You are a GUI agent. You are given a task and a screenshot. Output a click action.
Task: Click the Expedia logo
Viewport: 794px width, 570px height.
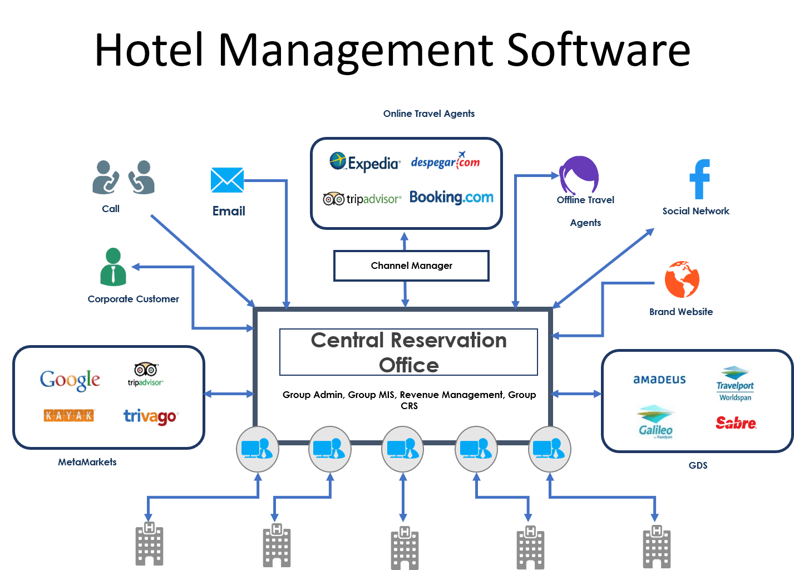pos(365,162)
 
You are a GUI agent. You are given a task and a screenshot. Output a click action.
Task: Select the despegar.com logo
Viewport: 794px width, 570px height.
pos(445,161)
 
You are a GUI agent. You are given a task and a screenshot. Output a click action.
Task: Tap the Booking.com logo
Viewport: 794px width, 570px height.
pos(451,197)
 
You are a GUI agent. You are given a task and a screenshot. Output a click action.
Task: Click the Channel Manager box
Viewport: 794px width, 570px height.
pos(411,266)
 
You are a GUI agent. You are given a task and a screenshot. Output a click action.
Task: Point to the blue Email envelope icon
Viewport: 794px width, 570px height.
pos(227,180)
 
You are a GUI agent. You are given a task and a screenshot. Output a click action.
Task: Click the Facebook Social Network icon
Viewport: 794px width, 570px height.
pos(699,179)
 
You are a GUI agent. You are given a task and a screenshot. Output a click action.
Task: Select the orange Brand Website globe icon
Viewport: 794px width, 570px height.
pos(682,279)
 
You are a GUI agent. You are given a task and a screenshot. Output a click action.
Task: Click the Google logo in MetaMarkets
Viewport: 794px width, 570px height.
pos(70,380)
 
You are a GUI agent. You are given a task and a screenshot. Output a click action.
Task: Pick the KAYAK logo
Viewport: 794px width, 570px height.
pos(69,415)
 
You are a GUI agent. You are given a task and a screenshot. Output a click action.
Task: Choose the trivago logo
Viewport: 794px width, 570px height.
pos(150,416)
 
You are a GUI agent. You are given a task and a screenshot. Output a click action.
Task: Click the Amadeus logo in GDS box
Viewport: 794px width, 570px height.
pos(659,380)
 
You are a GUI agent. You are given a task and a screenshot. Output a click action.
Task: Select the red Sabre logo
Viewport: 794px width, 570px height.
pos(736,423)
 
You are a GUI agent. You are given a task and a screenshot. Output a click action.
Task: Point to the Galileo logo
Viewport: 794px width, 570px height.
pos(655,422)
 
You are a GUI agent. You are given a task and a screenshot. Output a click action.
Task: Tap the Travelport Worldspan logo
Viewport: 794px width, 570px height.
pos(734,384)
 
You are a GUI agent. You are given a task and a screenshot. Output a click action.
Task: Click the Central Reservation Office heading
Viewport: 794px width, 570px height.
pos(408,352)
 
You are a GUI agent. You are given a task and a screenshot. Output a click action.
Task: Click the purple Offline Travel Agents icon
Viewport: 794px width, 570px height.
pos(579,175)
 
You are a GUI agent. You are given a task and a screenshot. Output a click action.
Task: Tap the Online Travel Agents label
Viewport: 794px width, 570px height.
pos(428,114)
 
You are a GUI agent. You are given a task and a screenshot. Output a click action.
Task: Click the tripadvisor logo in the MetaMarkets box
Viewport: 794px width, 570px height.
pos(146,374)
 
